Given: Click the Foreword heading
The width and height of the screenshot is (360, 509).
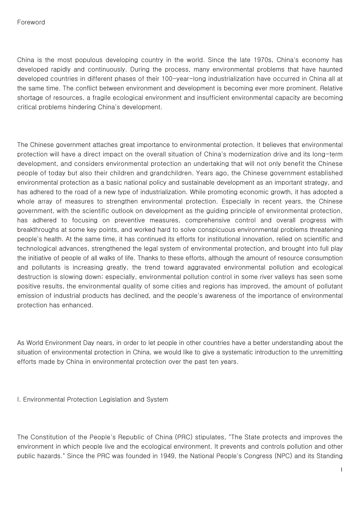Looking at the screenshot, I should pos(31,22).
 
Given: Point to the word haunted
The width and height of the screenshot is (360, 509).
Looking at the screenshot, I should pos(330,69).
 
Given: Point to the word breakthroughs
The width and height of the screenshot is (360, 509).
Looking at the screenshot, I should pos(36,230).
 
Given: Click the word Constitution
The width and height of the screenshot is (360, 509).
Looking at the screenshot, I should pos(50,437).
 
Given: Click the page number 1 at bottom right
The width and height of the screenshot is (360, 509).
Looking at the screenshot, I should pos(341,470).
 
